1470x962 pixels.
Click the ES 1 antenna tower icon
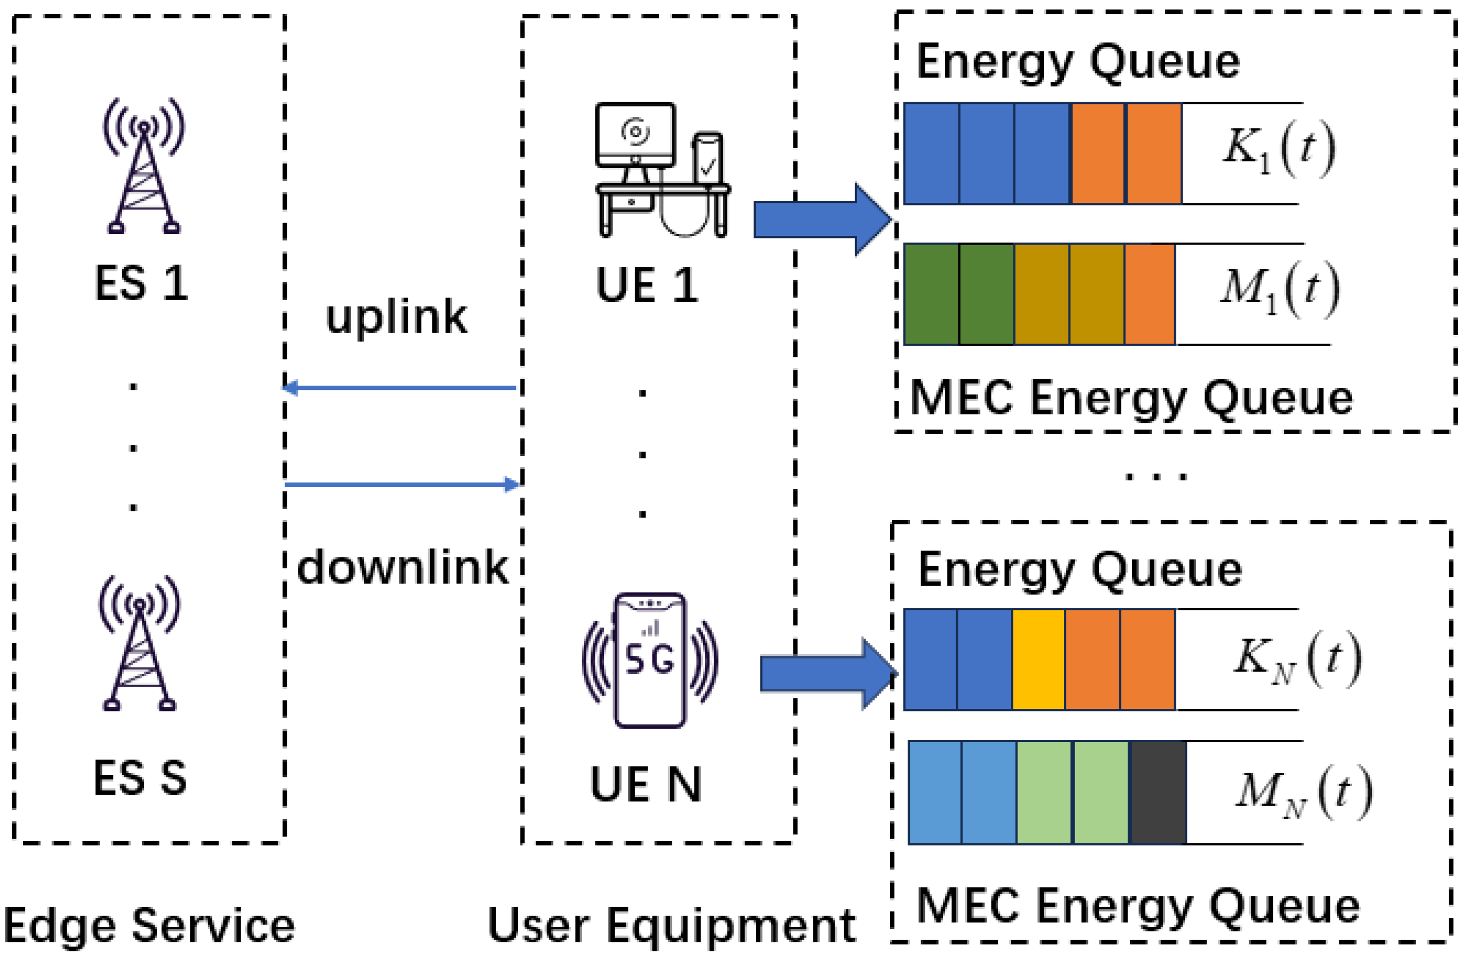(x=144, y=167)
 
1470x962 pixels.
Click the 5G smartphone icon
(x=650, y=660)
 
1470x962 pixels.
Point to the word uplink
(x=396, y=317)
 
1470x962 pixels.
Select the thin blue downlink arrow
(x=401, y=484)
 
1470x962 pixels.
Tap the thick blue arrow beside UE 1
(x=821, y=219)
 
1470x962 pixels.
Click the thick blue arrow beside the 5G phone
(x=828, y=674)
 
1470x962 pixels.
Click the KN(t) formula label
(x=1297, y=659)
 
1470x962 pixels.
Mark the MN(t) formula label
(x=1303, y=792)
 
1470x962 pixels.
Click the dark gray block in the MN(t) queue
(x=1158, y=792)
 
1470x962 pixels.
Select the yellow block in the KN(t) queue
(x=1038, y=659)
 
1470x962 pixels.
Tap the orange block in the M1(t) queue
(x=1150, y=295)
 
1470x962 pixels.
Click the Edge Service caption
(x=149, y=926)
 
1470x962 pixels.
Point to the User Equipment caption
(x=672, y=926)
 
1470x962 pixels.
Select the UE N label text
(x=646, y=784)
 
